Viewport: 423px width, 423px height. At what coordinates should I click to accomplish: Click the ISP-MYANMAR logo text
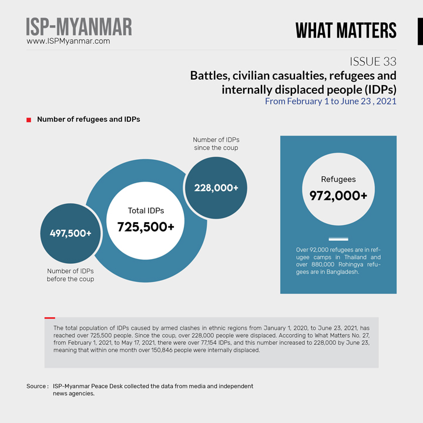coord(79,27)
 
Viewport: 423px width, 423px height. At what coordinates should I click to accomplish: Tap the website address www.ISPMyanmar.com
coord(68,42)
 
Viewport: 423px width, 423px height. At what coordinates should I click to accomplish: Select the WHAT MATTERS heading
coord(345,31)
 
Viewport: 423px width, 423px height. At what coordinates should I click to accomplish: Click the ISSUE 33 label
coord(372,62)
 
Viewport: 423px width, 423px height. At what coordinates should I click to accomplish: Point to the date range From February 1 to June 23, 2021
coord(330,101)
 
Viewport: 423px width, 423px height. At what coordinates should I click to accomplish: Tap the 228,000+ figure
coord(216,187)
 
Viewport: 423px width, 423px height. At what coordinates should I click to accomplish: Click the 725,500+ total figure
coord(146,227)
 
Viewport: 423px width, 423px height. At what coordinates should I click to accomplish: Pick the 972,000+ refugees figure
coord(338,196)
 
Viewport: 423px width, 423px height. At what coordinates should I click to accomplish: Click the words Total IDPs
coord(146,210)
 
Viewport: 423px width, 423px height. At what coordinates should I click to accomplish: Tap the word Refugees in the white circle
coord(338,179)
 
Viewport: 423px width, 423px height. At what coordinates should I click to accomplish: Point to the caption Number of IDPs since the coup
coord(216,143)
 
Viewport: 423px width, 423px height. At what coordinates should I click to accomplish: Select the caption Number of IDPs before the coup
coord(70,275)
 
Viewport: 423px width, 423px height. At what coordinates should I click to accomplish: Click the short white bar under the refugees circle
coord(338,239)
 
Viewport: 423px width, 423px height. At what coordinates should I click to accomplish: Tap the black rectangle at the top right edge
coord(420,31)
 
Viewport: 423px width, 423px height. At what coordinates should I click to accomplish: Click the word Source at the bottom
coord(36,386)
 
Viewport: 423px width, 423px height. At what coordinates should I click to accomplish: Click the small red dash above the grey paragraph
coord(50,318)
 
